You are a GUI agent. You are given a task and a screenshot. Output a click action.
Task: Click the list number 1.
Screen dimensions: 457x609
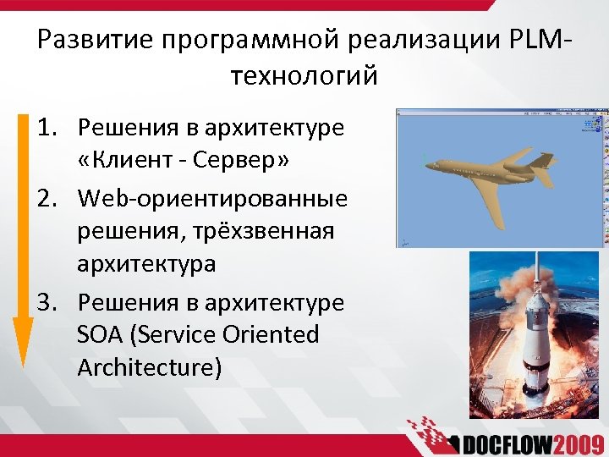click(x=47, y=128)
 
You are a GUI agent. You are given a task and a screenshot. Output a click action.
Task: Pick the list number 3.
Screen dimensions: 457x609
click(x=47, y=302)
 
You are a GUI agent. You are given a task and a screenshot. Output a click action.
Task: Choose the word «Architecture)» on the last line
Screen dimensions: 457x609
click(x=149, y=368)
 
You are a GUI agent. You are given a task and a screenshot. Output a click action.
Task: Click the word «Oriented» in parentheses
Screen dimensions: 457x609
click(x=271, y=335)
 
